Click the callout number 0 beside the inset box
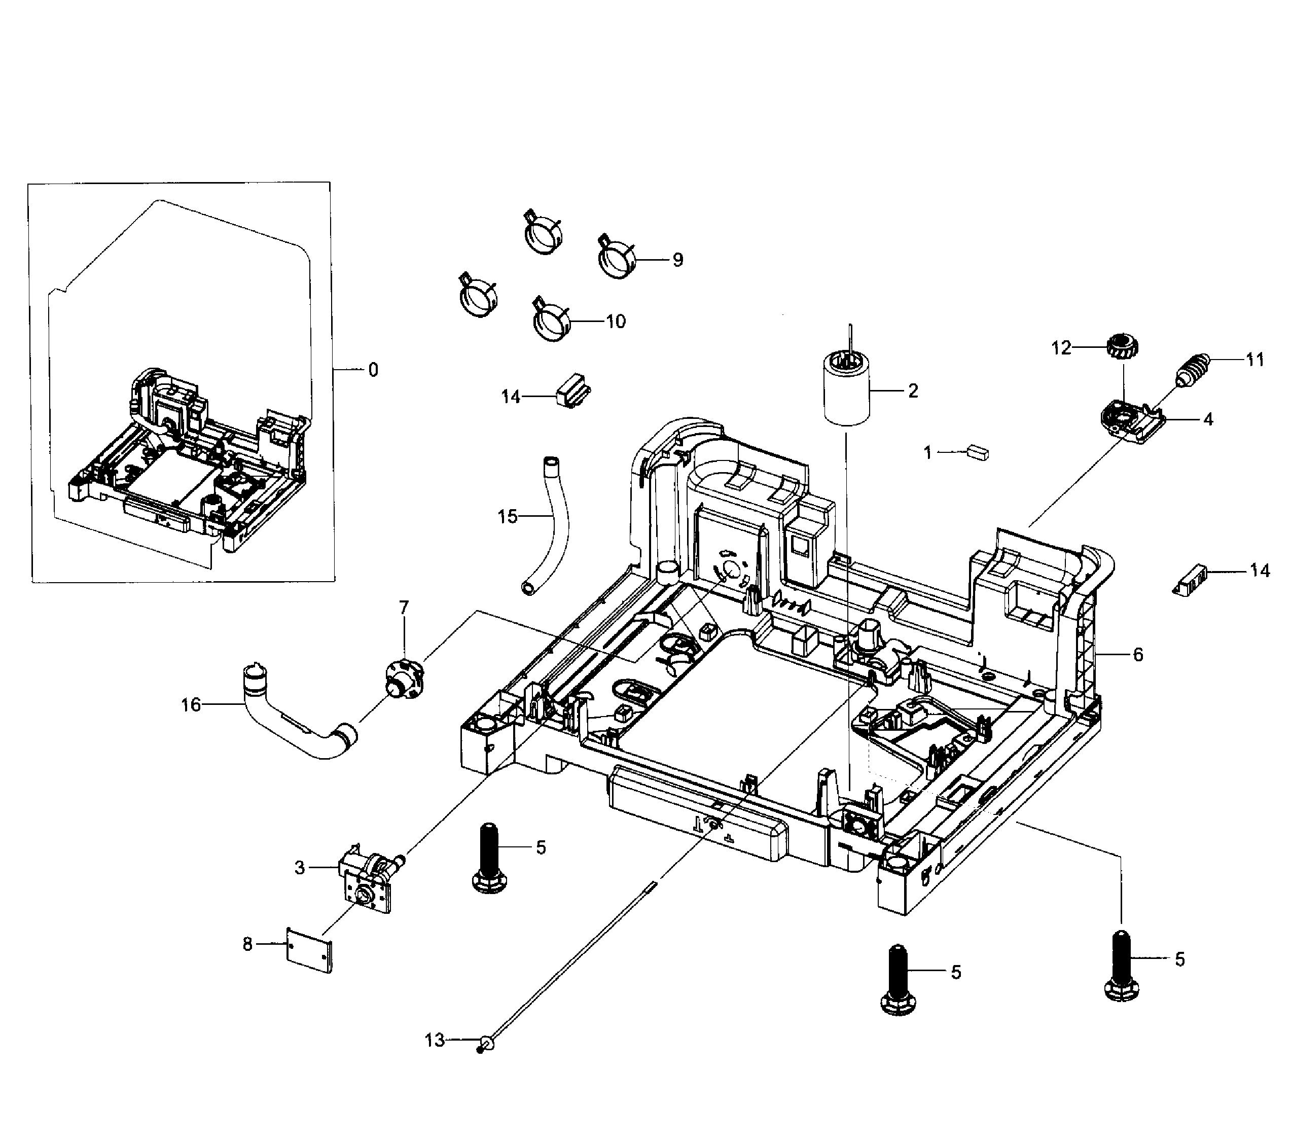pos(373,370)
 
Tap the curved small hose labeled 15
pos(550,524)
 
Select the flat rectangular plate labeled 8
pos(309,950)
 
